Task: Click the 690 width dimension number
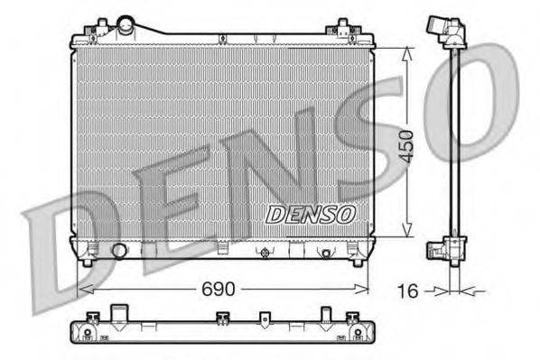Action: click(x=217, y=289)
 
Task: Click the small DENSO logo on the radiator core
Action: click(x=311, y=214)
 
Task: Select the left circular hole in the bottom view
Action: click(x=87, y=333)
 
